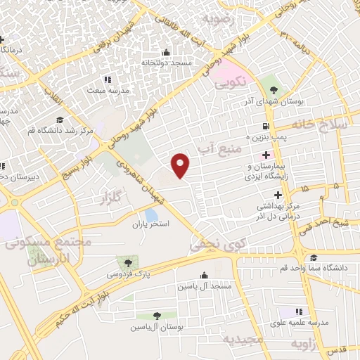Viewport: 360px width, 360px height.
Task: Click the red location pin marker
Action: coord(181,165)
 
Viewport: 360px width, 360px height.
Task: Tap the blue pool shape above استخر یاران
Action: coord(151,214)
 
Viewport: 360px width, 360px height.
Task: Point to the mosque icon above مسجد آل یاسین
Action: coord(204,276)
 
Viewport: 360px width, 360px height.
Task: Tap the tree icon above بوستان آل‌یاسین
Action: coord(157,317)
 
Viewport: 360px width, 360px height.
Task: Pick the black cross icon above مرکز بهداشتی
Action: coord(278,195)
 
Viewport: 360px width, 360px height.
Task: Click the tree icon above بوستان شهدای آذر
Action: coord(273,91)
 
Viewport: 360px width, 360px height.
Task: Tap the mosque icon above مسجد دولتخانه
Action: coord(165,53)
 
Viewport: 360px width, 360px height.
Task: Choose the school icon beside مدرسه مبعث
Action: coord(107,79)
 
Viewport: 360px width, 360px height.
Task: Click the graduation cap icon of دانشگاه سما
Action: coord(313,258)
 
